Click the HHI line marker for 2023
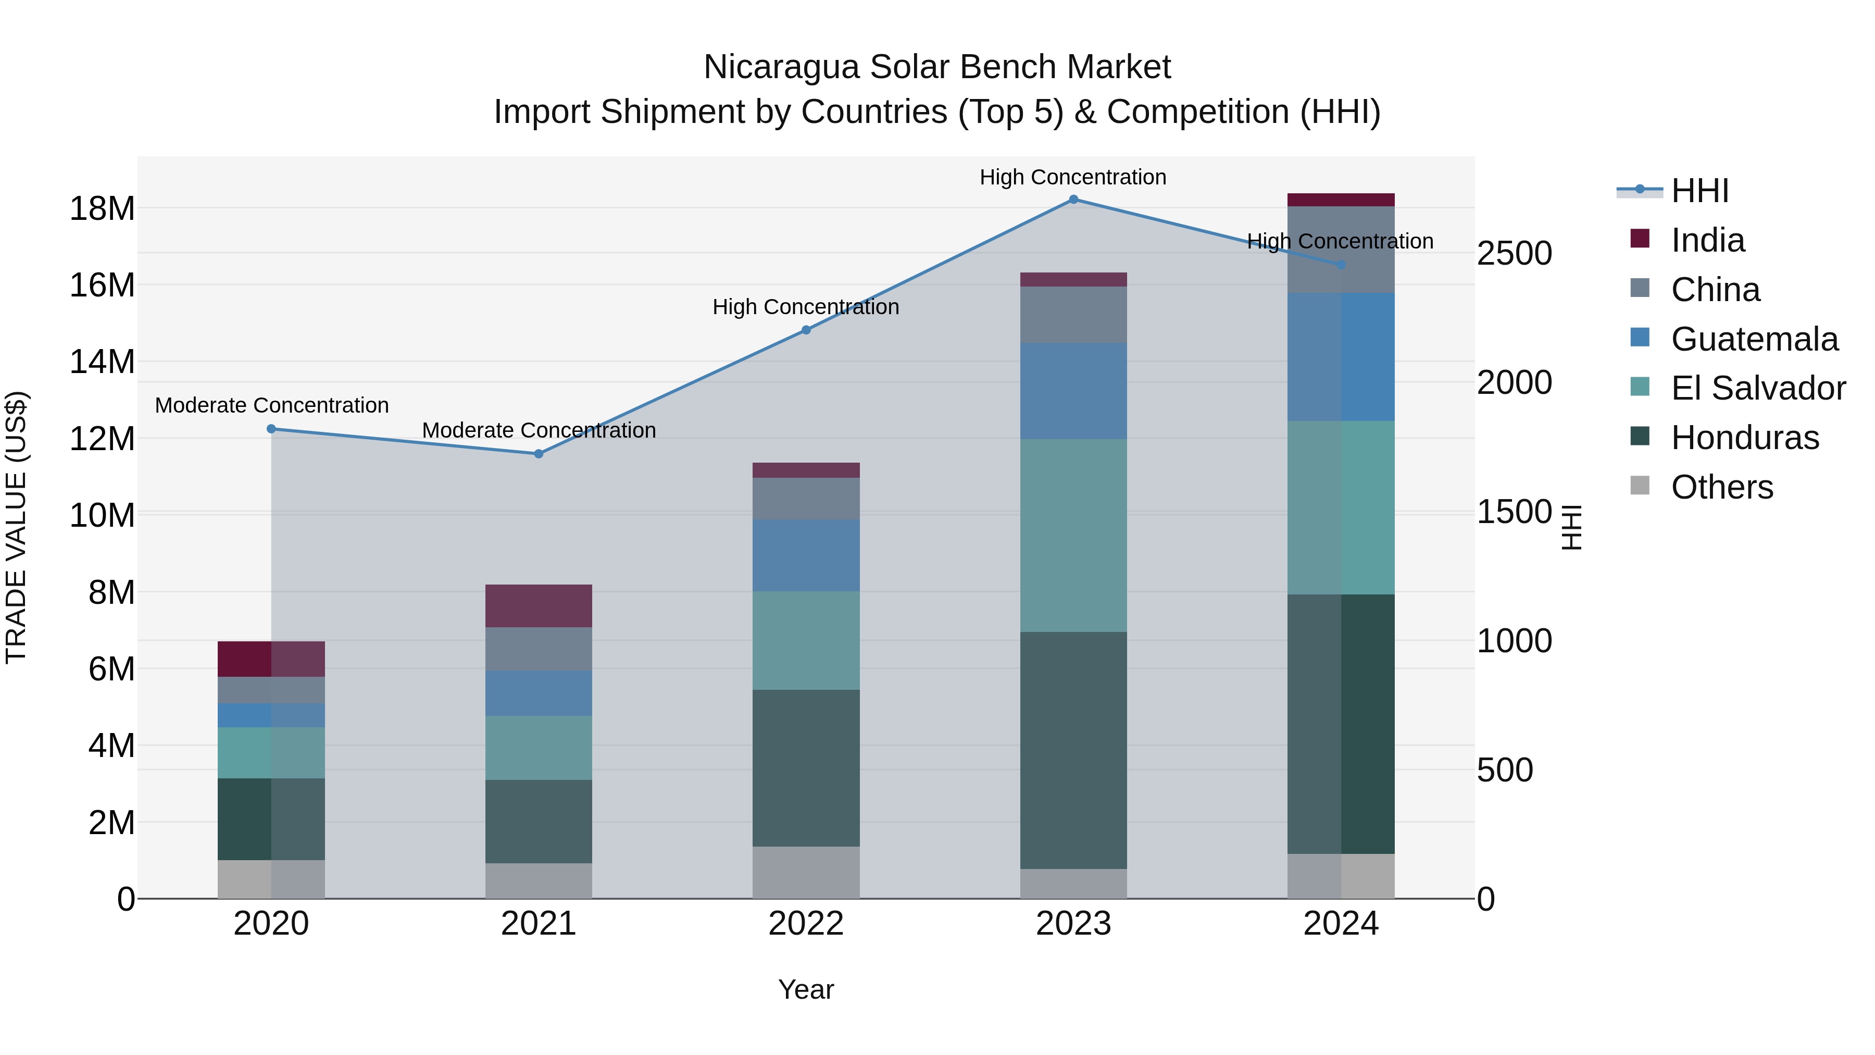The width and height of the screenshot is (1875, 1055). click(1073, 200)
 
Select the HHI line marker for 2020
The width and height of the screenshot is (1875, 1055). click(271, 429)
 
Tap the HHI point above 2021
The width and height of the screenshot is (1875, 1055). click(539, 454)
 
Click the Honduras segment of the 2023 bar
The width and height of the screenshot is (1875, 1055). click(1073, 750)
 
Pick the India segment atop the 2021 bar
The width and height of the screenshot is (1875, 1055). click(539, 606)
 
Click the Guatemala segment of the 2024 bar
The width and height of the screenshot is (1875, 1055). click(1341, 357)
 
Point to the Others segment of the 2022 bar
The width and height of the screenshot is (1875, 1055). click(806, 872)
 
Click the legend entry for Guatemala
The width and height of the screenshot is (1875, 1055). click(1754, 339)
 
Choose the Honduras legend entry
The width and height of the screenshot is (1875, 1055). click(1745, 438)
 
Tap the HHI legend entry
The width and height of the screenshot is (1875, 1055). click(1699, 191)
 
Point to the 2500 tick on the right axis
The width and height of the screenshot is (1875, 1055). click(1514, 253)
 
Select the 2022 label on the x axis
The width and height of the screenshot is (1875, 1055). click(806, 924)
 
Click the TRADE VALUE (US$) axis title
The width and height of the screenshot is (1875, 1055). click(16, 527)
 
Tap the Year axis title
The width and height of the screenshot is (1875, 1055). click(806, 989)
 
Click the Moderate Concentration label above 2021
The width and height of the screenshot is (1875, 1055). click(539, 430)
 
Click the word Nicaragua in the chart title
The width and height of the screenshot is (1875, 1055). click(781, 67)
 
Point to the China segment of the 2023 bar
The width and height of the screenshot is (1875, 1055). click(1073, 315)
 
